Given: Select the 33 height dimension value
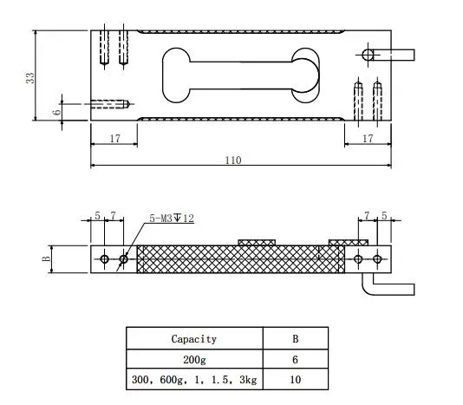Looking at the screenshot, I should (x=30, y=77).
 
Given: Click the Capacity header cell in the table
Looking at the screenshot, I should (x=193, y=339).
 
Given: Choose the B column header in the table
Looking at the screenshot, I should (x=294, y=339).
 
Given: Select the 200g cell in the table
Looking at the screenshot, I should (x=193, y=359).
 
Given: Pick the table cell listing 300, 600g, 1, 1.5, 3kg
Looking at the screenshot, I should (x=193, y=379).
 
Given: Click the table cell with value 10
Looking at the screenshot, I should (x=294, y=379).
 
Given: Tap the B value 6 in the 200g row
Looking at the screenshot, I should (x=294, y=359).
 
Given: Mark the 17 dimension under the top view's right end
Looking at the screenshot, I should (x=367, y=138).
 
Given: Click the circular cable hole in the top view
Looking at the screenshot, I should (x=368, y=55).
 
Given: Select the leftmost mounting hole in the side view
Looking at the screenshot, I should (x=105, y=259).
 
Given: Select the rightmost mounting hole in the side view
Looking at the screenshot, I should (x=377, y=259).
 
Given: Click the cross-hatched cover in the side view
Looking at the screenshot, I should (x=230, y=258).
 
